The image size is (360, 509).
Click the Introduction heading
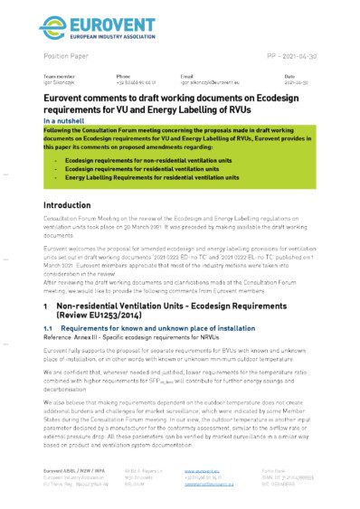pyautogui.click(x=73, y=205)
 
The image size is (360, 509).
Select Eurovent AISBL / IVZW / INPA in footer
pyautogui.click(x=75, y=471)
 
